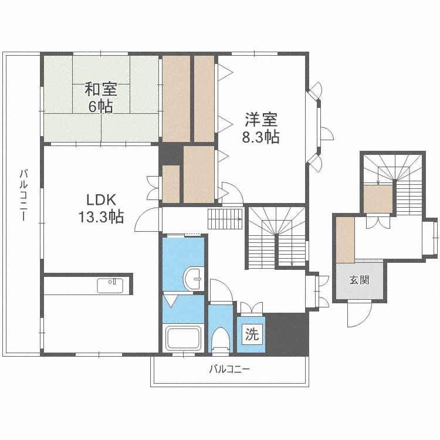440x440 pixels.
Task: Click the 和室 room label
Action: pyautogui.click(x=101, y=89)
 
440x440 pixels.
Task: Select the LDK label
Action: pyautogui.click(x=101, y=198)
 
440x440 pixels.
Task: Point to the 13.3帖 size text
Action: pyautogui.click(x=101, y=216)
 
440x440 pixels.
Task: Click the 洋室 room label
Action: pyautogui.click(x=261, y=120)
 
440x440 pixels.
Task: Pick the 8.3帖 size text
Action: pyautogui.click(x=261, y=137)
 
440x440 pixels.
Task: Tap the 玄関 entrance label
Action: pyautogui.click(x=360, y=280)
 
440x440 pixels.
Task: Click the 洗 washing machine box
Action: pyautogui.click(x=251, y=335)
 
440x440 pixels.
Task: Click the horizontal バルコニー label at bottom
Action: pyautogui.click(x=229, y=370)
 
